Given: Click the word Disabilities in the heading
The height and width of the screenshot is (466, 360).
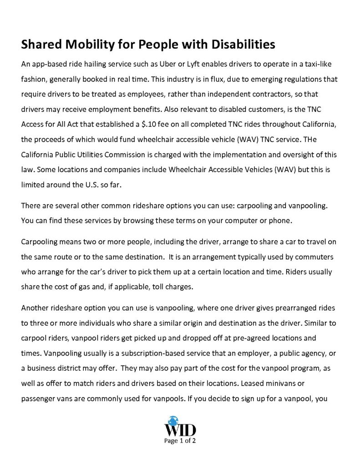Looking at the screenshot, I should [x=242, y=45].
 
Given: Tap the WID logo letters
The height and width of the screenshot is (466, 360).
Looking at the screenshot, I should [x=180, y=429].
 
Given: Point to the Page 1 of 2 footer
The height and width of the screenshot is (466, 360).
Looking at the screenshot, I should [x=180, y=441].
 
